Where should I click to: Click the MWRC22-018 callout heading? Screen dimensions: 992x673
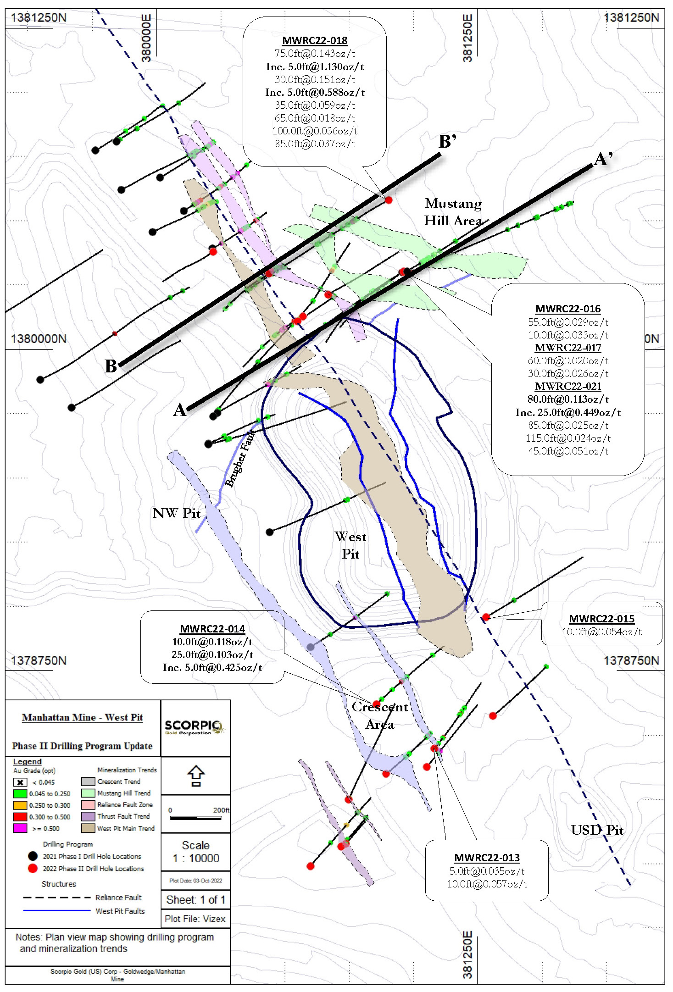[x=315, y=41]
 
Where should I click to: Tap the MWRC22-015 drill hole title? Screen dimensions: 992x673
[x=601, y=619]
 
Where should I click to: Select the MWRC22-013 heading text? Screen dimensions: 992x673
[x=487, y=858]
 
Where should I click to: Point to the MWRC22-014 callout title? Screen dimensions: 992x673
[x=212, y=629]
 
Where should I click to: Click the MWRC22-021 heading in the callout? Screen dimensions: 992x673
[x=568, y=386]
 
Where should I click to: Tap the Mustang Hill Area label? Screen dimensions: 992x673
[x=453, y=212]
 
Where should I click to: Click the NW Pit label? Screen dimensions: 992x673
[x=177, y=513]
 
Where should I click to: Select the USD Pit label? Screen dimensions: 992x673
[x=597, y=830]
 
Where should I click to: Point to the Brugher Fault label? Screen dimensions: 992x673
[x=239, y=459]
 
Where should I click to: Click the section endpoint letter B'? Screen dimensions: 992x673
[x=447, y=141]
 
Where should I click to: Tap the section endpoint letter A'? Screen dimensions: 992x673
[x=603, y=159]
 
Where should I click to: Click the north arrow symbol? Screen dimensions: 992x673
[x=196, y=776]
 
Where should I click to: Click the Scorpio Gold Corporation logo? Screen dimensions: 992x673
[x=195, y=727]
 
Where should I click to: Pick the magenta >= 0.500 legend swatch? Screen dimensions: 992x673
[x=20, y=828]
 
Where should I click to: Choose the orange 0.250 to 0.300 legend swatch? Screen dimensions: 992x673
[x=20, y=805]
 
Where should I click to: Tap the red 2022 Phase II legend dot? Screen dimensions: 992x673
[x=33, y=868]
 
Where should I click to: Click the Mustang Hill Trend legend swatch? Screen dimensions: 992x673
[x=88, y=793]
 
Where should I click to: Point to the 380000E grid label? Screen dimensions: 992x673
[x=146, y=38]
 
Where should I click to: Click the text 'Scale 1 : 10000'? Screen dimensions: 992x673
[x=196, y=852]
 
